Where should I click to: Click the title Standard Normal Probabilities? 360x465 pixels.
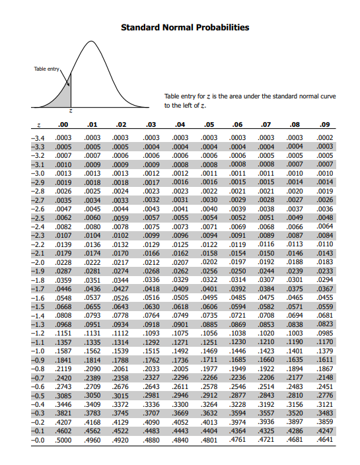pyautogui.click(x=185, y=28)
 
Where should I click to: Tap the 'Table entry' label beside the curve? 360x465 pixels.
pyautogui.click(x=47, y=68)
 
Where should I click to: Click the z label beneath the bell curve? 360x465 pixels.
pyautogui.click(x=71, y=112)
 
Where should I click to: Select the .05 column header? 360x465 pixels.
pyautogui.click(x=209, y=124)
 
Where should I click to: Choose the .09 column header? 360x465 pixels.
pyautogui.click(x=324, y=124)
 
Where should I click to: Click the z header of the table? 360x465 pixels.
pyautogui.click(x=39, y=124)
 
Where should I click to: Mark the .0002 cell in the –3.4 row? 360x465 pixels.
pyautogui.click(x=325, y=137)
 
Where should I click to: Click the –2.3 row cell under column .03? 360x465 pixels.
pyautogui.click(x=151, y=234)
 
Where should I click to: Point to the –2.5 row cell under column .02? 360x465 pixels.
pyautogui.click(x=120, y=217)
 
